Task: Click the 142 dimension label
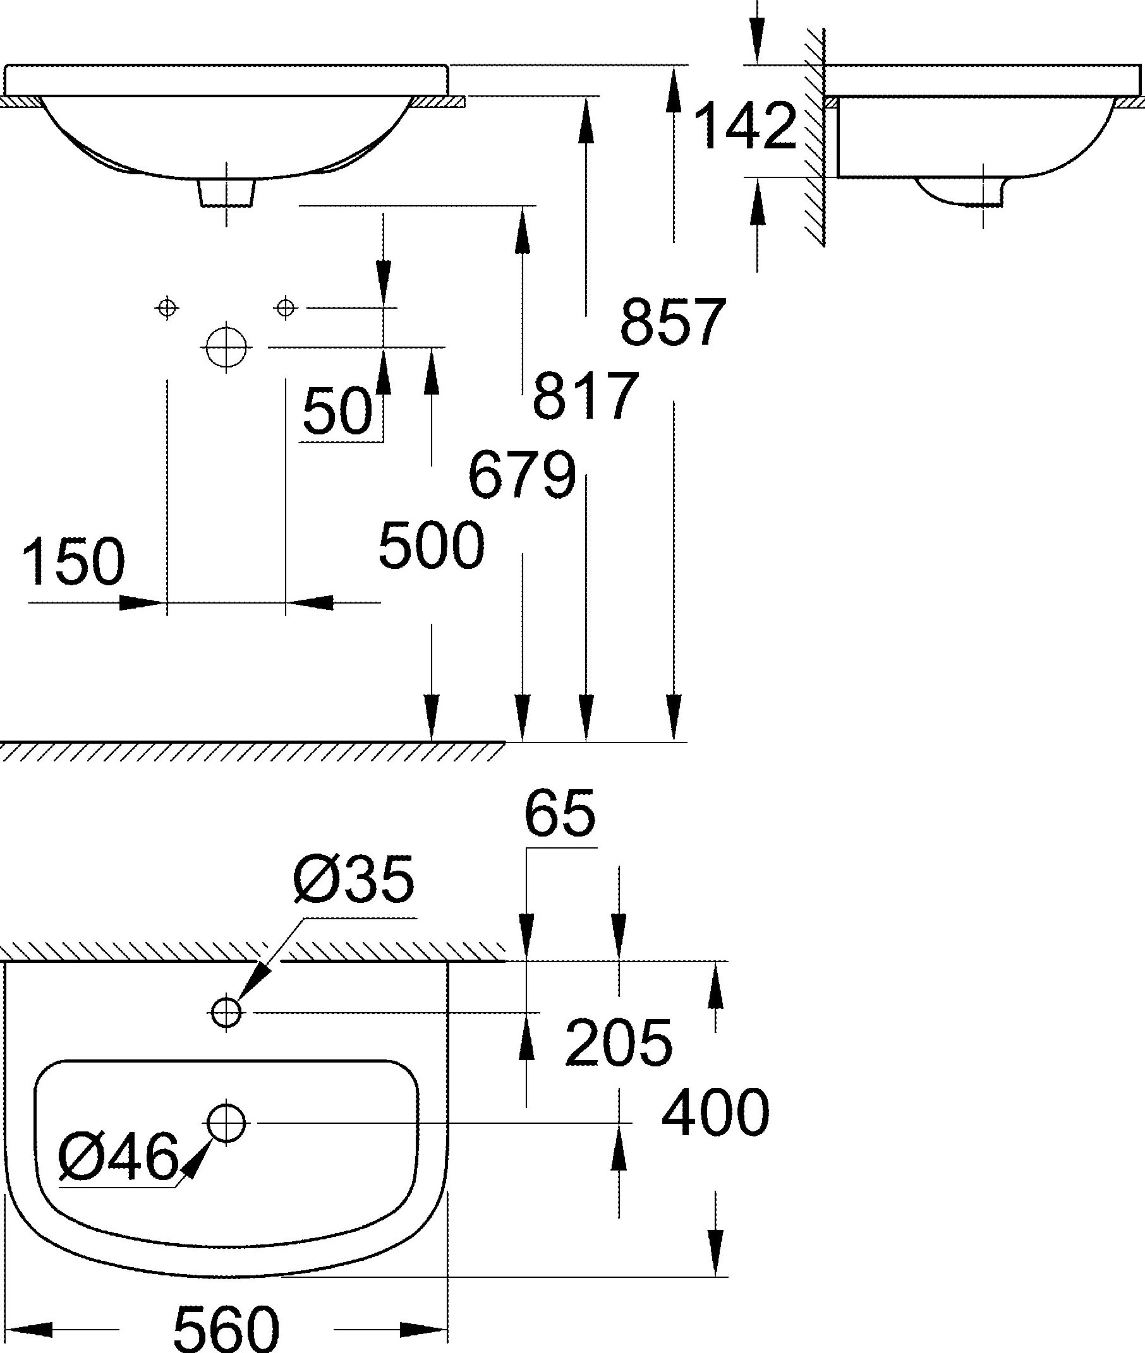[745, 126]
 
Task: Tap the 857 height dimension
[672, 323]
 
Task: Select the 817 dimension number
[586, 396]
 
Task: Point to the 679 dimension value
[522, 475]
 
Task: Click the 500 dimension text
[432, 545]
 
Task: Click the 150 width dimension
[74, 562]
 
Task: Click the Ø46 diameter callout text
[118, 1157]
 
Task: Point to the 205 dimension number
[619, 1042]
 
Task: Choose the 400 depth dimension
[715, 1113]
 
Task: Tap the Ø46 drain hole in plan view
[226, 1122]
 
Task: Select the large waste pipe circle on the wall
[226, 347]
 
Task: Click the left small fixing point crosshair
[167, 307]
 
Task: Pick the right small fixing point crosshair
[286, 307]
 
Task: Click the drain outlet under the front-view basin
[226, 193]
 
